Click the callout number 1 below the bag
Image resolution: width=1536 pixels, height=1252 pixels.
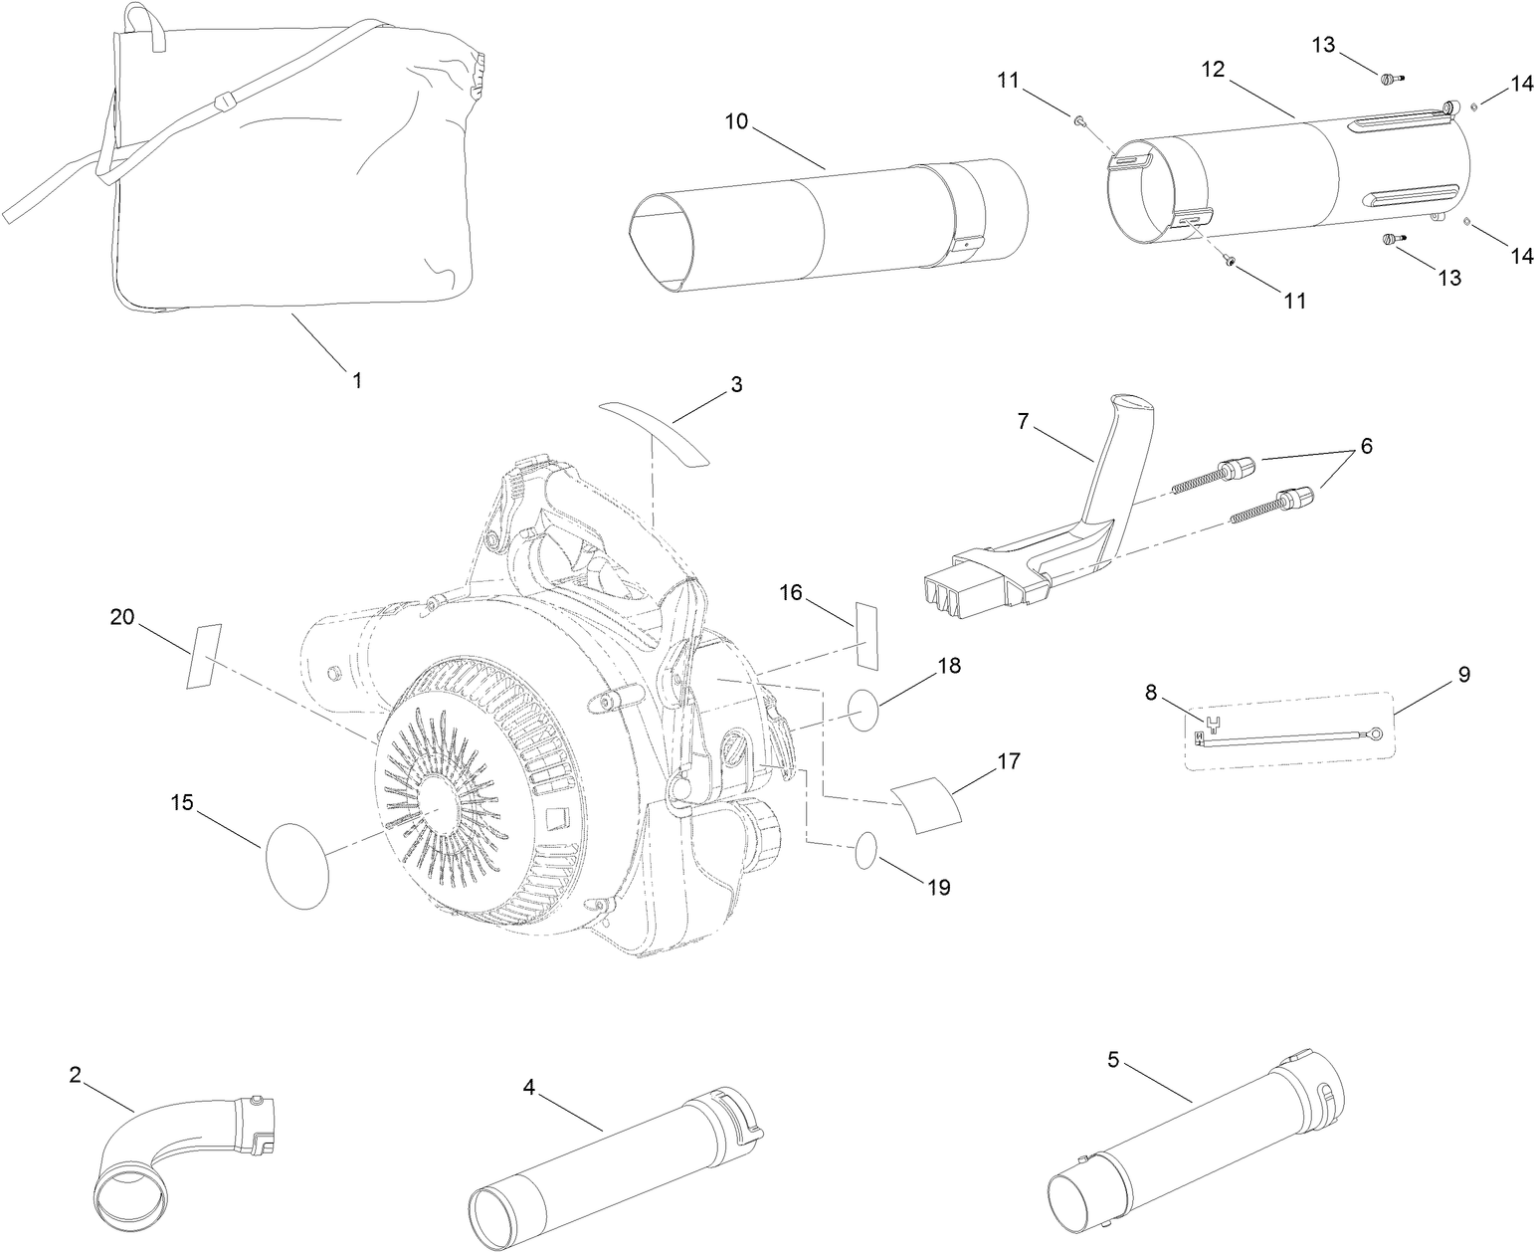[356, 379]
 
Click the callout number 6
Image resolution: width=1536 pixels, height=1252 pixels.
[1366, 447]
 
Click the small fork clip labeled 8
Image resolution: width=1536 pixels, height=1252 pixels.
[1212, 718]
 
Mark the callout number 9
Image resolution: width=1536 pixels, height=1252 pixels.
[1463, 674]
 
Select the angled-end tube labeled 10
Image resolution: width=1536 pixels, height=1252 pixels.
[826, 224]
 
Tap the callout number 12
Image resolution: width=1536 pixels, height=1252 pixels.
[1212, 70]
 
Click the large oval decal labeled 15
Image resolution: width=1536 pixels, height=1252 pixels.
[297, 850]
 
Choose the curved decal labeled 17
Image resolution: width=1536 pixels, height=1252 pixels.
[927, 804]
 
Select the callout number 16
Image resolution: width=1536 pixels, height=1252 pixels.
[791, 593]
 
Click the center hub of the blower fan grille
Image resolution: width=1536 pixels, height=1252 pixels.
[435, 810]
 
